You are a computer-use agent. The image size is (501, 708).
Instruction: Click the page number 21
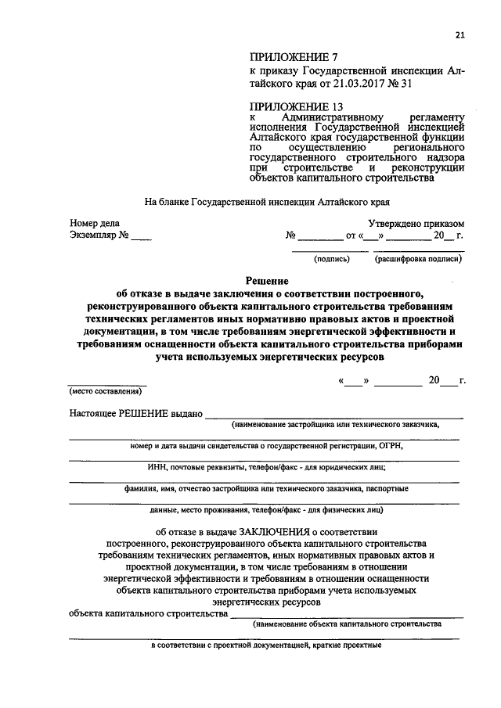460,34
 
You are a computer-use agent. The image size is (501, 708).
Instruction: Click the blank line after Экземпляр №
141,235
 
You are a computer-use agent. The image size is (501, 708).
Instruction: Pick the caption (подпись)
331,258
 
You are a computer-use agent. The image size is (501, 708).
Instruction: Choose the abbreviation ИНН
157,467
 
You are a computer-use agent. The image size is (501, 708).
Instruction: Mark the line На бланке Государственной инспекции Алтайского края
267,201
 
